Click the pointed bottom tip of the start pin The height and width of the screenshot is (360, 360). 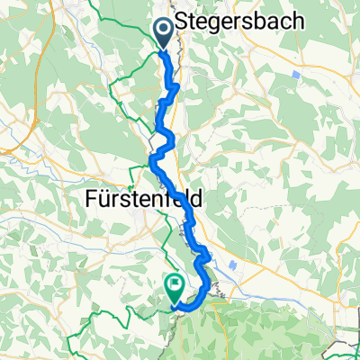click(x=166, y=48)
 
